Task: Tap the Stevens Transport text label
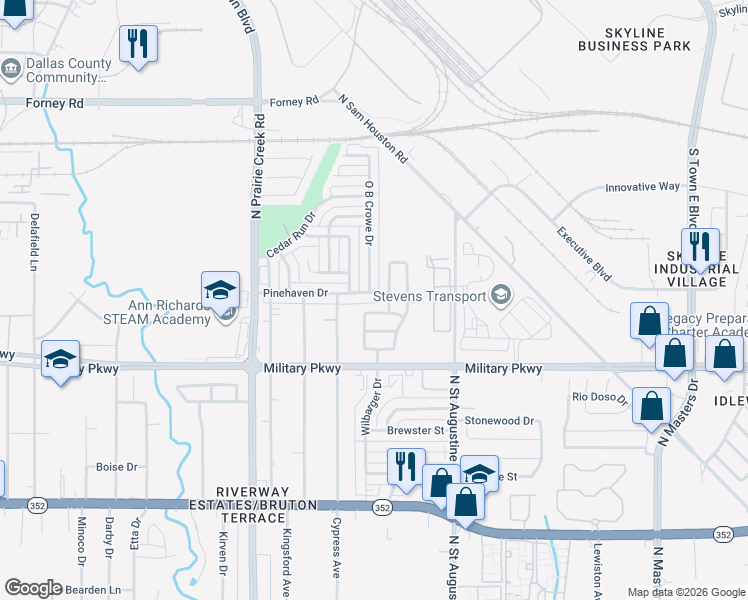pyautogui.click(x=429, y=296)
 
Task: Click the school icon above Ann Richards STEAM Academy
pyautogui.click(x=220, y=291)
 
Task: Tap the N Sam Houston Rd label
pyautogui.click(x=374, y=129)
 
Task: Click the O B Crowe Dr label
pyautogui.click(x=369, y=213)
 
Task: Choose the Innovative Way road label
pyautogui.click(x=643, y=187)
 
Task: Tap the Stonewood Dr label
pyautogui.click(x=499, y=421)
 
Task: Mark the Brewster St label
pyautogui.click(x=415, y=431)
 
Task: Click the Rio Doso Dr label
pyautogui.click(x=598, y=398)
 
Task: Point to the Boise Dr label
pyautogui.click(x=116, y=467)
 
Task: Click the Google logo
pyautogui.click(x=33, y=588)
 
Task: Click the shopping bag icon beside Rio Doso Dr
pyautogui.click(x=651, y=405)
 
